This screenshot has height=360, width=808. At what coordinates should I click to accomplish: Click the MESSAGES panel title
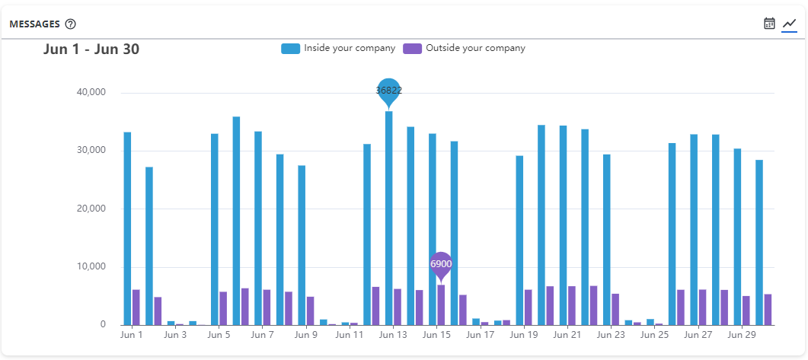(x=34, y=24)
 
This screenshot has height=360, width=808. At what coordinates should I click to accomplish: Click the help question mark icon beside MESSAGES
(x=71, y=24)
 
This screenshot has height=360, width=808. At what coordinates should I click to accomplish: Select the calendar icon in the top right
(x=769, y=24)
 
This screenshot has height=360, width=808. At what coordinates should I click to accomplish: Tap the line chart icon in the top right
(x=789, y=24)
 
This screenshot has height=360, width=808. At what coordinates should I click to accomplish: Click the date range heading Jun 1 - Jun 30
(x=91, y=49)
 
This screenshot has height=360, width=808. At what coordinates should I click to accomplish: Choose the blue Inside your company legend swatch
(x=290, y=49)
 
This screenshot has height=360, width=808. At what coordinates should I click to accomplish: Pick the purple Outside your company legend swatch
(x=412, y=49)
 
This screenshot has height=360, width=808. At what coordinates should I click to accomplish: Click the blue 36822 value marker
(x=388, y=91)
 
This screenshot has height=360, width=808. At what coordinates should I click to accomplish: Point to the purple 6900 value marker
(x=441, y=264)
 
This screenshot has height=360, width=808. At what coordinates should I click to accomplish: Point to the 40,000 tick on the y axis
(x=91, y=92)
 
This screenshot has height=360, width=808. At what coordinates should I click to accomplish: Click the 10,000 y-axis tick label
(x=91, y=267)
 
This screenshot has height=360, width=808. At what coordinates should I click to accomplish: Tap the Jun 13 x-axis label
(x=393, y=334)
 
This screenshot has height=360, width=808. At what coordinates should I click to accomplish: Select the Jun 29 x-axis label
(x=741, y=334)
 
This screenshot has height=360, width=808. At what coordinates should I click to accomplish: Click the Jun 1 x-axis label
(x=131, y=334)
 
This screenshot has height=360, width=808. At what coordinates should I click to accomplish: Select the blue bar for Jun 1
(x=127, y=228)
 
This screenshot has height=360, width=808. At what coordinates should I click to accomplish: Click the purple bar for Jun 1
(x=136, y=307)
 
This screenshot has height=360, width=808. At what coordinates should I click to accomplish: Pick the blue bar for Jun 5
(x=215, y=229)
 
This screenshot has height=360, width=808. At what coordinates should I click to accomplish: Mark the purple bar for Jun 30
(x=768, y=310)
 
